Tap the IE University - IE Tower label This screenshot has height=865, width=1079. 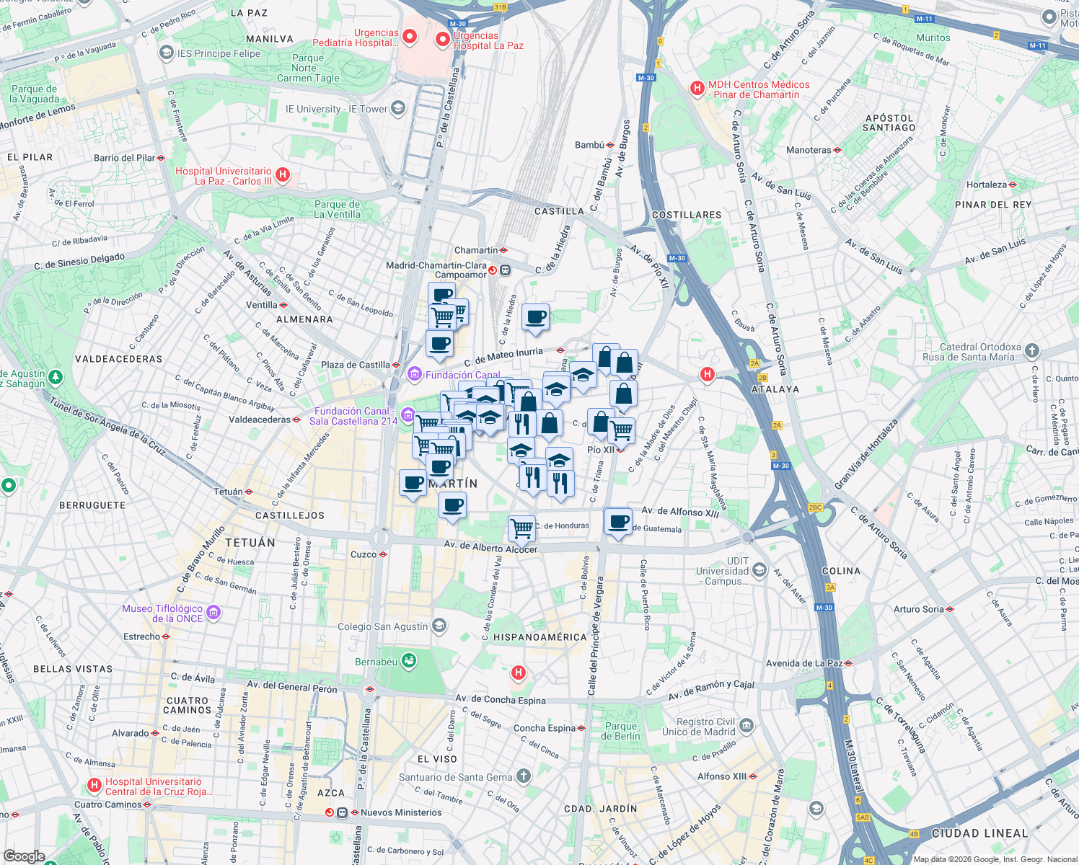336,110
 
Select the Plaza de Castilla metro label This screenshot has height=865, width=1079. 355,365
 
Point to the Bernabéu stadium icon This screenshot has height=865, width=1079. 409,660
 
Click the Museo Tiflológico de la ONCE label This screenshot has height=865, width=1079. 162,613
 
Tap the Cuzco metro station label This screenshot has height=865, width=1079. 364,554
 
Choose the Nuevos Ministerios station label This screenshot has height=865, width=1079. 400,812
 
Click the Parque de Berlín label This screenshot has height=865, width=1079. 620,731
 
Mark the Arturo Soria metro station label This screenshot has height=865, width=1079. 918,609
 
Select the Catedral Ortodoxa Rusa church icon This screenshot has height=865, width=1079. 1032,351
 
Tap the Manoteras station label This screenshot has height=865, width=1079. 808,150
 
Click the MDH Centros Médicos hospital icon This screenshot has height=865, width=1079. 697,88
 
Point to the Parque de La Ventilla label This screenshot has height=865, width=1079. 337,209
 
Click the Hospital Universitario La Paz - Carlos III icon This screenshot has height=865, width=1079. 283,174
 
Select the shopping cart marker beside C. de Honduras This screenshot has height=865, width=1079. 521,528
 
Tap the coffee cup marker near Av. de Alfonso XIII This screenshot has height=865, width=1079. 618,520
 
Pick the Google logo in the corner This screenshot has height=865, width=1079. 24,856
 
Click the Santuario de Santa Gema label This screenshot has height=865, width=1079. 455,777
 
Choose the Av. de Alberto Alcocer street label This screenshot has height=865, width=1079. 490,547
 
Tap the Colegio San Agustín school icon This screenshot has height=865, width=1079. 439,626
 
